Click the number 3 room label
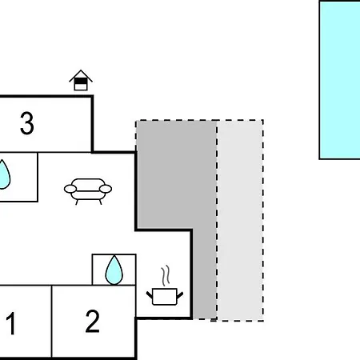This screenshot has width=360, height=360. [x=27, y=123]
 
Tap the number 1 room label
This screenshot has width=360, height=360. [x=11, y=323]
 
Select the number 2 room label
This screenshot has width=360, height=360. [x=92, y=321]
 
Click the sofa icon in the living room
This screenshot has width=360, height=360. [x=88, y=191]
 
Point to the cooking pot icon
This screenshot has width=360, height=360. [x=165, y=296]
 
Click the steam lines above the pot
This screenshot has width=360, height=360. [x=166, y=275]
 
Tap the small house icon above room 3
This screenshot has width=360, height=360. [x=81, y=80]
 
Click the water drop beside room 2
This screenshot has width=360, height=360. [x=114, y=270]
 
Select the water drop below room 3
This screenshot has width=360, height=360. [x=4, y=174]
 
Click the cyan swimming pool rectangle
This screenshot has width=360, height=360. [x=340, y=80]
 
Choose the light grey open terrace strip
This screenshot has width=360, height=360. [x=240, y=220]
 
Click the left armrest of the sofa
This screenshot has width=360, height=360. [x=70, y=189]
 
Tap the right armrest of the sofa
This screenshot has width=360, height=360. [x=106, y=189]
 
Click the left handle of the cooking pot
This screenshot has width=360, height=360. [x=150, y=295]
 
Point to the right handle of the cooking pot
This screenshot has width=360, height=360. [x=180, y=295]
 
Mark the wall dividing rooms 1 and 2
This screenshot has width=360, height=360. [x=51, y=322]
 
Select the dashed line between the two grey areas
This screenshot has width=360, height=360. [x=217, y=220]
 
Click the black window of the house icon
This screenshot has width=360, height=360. [x=81, y=81]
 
